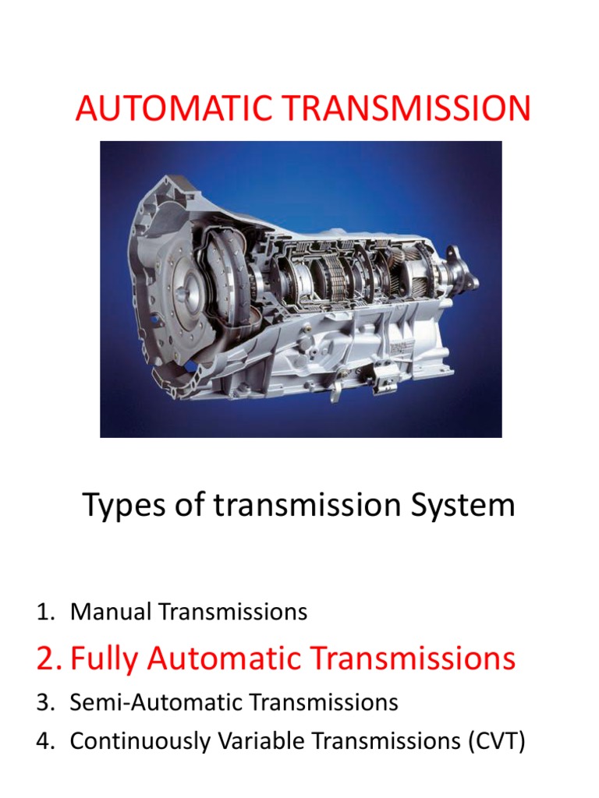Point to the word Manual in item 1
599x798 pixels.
[x=112, y=613]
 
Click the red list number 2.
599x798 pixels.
[x=48, y=659]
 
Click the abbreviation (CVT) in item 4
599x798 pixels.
[x=495, y=741]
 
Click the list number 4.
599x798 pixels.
[x=44, y=741]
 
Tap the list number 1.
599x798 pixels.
[x=44, y=613]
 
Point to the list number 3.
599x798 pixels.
[x=44, y=702]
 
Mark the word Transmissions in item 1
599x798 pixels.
[x=233, y=613]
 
